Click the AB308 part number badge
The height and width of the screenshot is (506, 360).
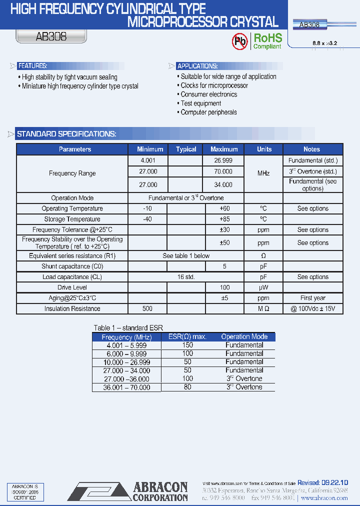pos(51,37)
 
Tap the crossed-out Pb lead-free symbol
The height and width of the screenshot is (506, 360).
pos(240,41)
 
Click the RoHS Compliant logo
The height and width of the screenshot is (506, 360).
pos(267,41)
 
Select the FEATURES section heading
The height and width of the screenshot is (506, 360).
pos(32,66)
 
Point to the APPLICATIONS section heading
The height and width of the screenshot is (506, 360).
pos(198,66)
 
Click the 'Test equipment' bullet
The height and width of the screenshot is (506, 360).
pos(201,103)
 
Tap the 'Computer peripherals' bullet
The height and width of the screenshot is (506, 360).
pos(208,112)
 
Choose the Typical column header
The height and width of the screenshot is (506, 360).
pos(186,149)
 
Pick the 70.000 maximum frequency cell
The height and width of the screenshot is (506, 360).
pos(223,171)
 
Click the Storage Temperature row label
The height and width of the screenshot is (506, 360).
pos(72,219)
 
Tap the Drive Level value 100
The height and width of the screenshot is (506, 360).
pos(224,287)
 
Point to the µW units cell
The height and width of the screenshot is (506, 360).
pos(263,287)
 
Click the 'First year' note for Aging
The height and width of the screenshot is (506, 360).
pos(313,298)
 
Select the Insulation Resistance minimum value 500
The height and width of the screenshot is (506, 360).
pos(147,308)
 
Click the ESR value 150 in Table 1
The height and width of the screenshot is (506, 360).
pos(187,345)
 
